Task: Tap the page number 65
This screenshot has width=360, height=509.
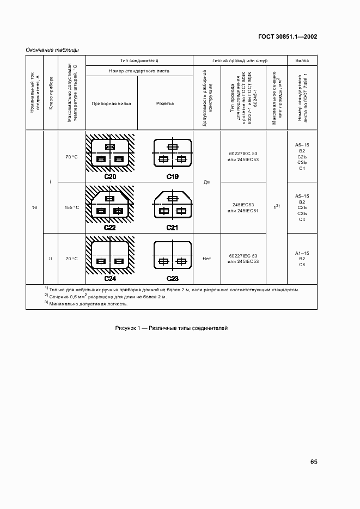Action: pos(314,462)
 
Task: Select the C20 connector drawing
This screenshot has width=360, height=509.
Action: pos(110,155)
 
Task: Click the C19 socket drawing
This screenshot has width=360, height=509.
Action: pos(172,155)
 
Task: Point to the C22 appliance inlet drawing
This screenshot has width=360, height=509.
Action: pos(110,206)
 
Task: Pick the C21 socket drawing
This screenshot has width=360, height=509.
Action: pos(172,206)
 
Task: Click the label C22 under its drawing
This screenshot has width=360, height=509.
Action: pos(110,227)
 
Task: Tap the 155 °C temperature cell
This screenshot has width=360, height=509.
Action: pos(72,207)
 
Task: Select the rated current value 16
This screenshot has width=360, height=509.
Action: pos(34,207)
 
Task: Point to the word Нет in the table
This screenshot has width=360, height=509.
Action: pos(206,259)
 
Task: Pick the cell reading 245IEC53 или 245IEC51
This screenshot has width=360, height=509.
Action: pos(243,207)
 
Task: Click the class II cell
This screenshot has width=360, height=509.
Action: pos(50,259)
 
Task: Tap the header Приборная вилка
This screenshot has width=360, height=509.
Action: pos(111,103)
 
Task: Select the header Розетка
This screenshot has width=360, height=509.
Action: pos(165,103)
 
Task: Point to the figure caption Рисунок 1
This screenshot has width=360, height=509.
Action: pos(171,328)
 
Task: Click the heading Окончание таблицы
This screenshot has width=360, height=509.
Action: pos(52,50)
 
